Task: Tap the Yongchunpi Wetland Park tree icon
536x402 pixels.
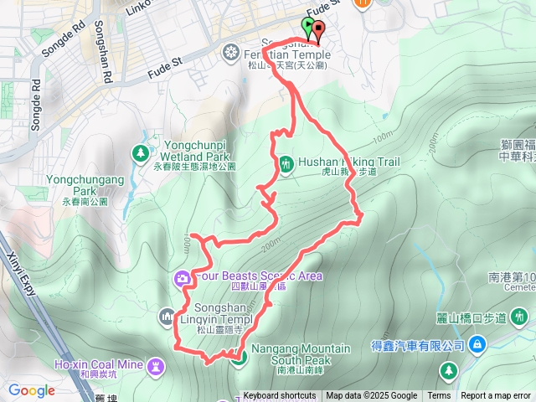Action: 140,152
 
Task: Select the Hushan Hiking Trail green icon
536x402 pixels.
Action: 286,163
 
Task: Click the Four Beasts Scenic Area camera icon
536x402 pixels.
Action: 182,278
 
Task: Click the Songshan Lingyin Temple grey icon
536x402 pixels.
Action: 166,315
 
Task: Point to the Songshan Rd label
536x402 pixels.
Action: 107,67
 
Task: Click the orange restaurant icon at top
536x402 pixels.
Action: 363,3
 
